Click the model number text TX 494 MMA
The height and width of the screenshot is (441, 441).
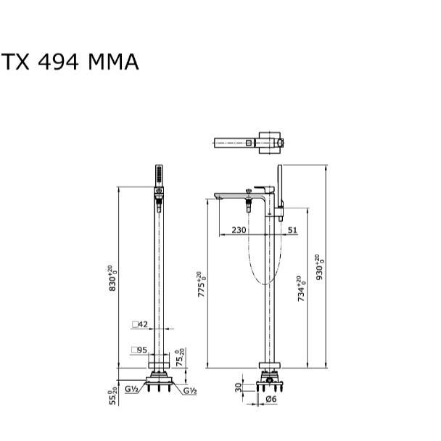click(x=70, y=62)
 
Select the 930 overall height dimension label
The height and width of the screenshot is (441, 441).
click(x=319, y=268)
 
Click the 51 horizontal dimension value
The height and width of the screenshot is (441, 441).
click(x=292, y=230)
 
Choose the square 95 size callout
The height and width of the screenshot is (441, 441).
click(x=140, y=350)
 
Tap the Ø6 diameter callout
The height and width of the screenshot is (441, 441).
click(x=271, y=398)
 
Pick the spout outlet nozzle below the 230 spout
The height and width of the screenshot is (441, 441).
click(x=249, y=206)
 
